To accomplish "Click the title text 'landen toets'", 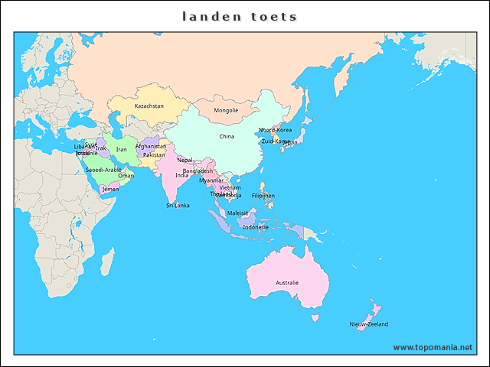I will pos(240,16).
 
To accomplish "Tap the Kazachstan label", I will pos(149,106).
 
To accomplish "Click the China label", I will pos(227,137).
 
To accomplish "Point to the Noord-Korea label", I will pos(274,130).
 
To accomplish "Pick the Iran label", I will pos(122,150).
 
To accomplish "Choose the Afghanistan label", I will pos(150,146).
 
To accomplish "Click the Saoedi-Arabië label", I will pos(103,170).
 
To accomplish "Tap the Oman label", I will pos(126,176).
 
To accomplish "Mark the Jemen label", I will pos(111,189).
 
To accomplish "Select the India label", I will pos(181,175).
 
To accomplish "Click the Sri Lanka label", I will pos(178,205).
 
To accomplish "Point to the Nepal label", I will pos(185,161).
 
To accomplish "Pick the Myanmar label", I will pos(211,181).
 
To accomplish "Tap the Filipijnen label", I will pos(263,196).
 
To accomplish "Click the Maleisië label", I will pos(237,213).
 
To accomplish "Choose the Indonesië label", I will pos(256,227).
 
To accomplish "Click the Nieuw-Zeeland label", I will pos(368,324).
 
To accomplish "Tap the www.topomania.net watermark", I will pos(433,347).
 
